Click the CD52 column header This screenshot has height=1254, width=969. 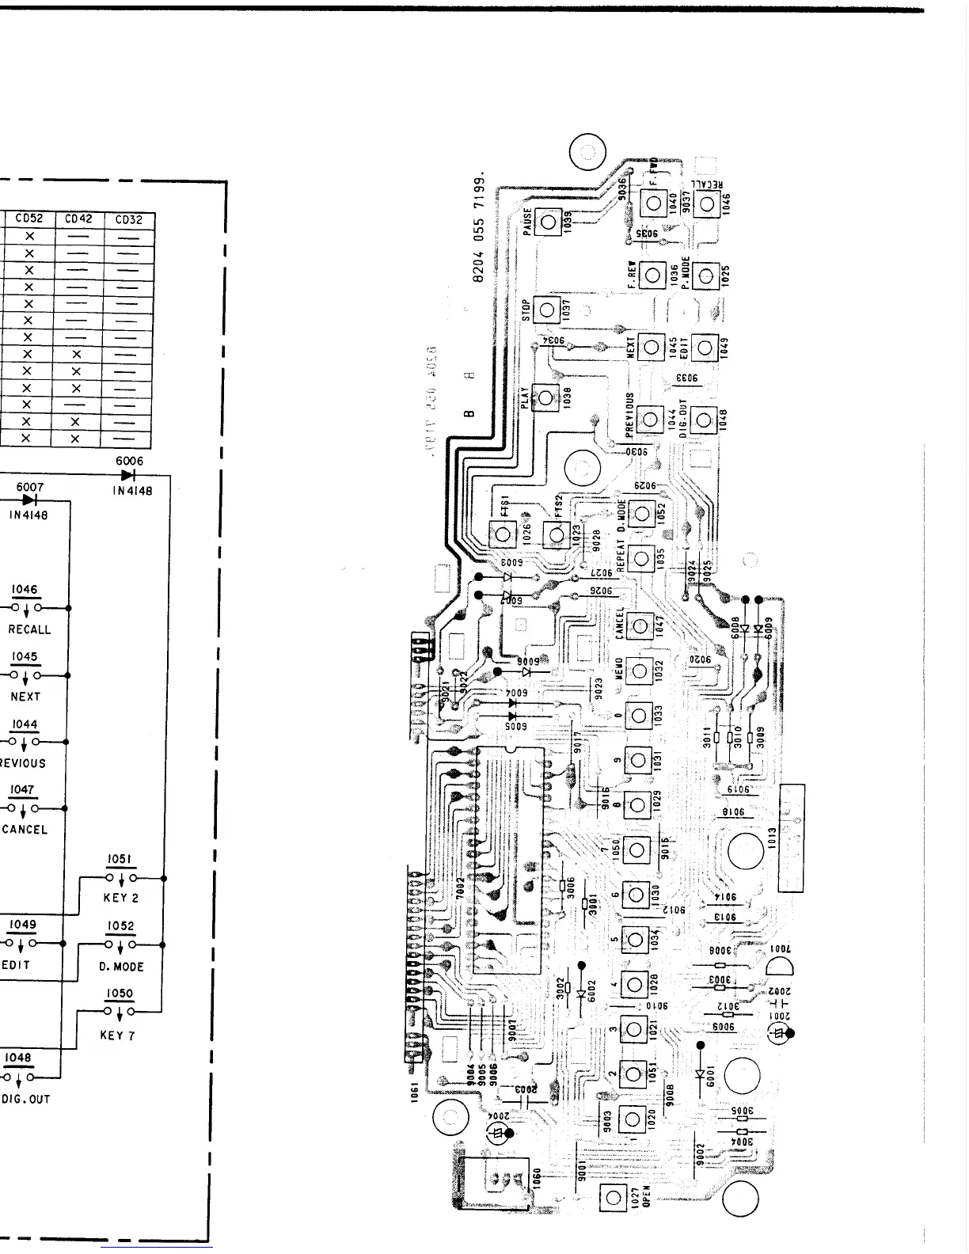point(30,220)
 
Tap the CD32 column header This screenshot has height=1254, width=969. point(129,220)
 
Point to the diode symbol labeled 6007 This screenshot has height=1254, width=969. point(30,500)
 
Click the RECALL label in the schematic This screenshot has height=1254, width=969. point(29,630)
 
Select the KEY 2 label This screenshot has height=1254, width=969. point(120,898)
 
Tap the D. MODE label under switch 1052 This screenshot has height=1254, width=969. point(121,967)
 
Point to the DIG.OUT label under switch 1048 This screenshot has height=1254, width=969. point(25,1099)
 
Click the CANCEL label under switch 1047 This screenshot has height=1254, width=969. point(25,830)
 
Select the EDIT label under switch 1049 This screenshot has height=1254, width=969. point(16,965)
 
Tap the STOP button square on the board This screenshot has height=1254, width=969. point(546,310)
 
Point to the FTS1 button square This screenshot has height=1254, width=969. point(501,536)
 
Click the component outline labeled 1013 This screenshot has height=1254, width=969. point(792,838)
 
